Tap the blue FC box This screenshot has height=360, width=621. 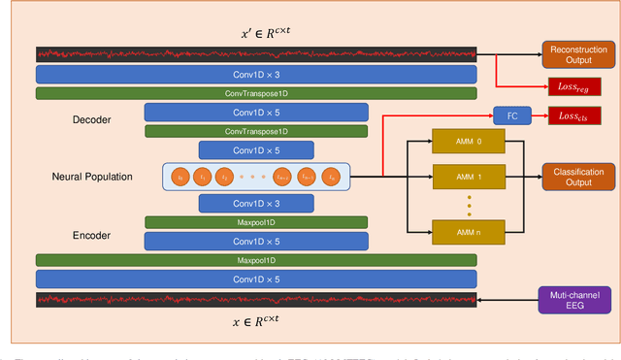(511, 115)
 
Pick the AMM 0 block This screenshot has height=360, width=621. (469, 141)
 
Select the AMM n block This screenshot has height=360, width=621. (469, 231)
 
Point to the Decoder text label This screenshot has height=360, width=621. (93, 120)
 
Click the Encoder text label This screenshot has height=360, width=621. (93, 234)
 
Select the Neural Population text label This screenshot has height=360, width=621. (92, 177)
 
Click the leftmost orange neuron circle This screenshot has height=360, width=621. (180, 178)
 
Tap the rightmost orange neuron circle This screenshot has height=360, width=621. (333, 178)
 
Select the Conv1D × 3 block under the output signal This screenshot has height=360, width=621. (256, 74)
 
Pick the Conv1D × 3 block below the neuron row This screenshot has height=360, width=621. (256, 203)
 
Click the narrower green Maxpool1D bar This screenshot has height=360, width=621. (256, 222)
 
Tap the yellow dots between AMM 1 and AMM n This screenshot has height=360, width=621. (469, 205)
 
